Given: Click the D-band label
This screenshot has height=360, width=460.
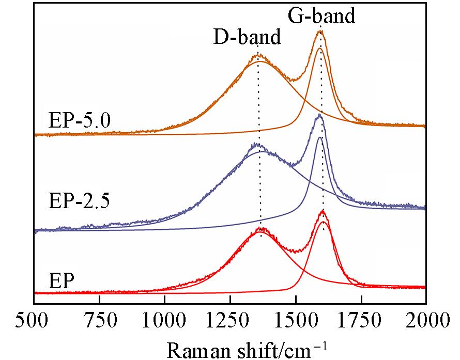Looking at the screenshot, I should pos(248,37).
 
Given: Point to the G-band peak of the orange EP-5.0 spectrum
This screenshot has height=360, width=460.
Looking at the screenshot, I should pos(320,32).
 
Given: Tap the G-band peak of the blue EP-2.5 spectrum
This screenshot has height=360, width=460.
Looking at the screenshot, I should pos(319,115).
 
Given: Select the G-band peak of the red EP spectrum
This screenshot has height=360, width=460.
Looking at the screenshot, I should pos(323,211).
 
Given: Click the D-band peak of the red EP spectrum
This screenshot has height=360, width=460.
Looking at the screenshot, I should pos(262,228).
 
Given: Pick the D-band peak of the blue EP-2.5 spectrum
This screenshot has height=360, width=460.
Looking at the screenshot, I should pos(256,145).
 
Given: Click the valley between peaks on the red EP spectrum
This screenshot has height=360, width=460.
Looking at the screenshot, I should pos(296,251).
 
